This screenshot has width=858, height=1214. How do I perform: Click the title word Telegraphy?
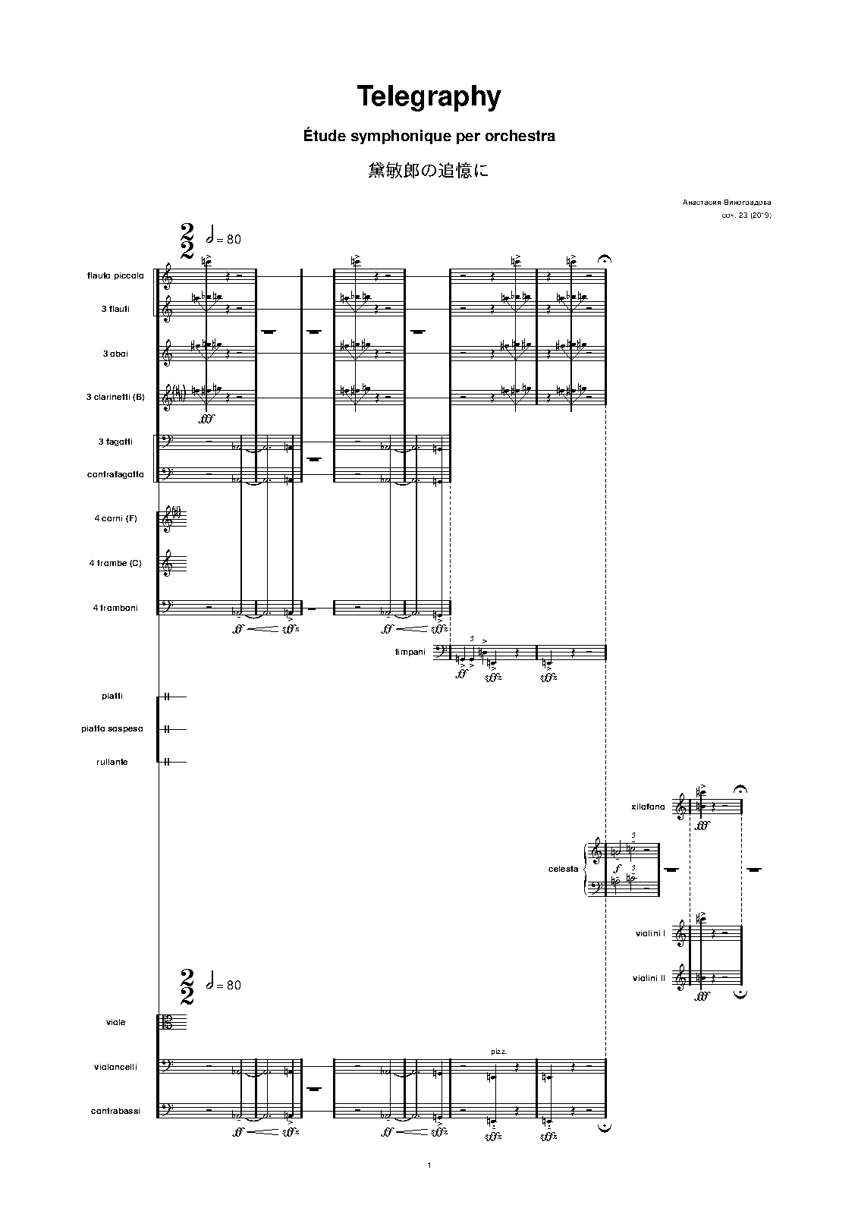click(x=429, y=97)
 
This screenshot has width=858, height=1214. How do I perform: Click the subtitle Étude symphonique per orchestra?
click(x=429, y=137)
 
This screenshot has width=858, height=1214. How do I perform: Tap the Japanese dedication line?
click(x=429, y=171)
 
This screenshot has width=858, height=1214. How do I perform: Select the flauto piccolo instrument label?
click(x=115, y=275)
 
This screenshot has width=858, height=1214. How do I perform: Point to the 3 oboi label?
click(x=115, y=354)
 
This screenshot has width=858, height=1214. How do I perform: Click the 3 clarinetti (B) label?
click(x=115, y=398)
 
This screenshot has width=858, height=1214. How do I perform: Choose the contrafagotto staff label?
click(x=115, y=475)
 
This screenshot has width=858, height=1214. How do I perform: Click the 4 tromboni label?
click(x=114, y=608)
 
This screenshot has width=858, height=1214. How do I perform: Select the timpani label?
click(x=410, y=652)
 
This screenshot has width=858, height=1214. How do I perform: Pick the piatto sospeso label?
click(x=112, y=729)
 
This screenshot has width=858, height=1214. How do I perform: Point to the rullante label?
click(x=112, y=762)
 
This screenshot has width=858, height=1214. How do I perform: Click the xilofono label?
click(x=648, y=807)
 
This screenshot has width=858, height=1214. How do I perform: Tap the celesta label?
click(x=563, y=869)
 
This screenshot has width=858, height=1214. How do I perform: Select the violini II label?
click(x=648, y=979)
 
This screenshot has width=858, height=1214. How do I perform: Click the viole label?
click(x=116, y=1023)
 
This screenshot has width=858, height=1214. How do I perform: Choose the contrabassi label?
click(x=115, y=1112)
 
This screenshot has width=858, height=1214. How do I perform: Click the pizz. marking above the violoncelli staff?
click(x=499, y=1052)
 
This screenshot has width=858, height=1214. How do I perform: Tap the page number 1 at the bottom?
click(x=429, y=1165)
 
